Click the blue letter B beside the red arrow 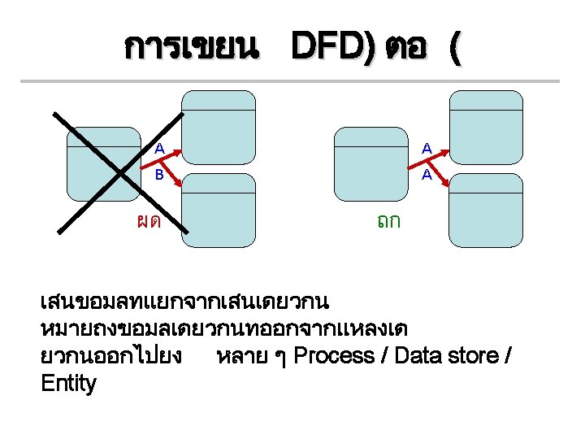pos(160,174)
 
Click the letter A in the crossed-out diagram pos(160,149)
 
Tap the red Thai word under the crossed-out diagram pos(148,220)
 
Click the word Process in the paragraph pos(334,356)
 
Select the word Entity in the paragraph pos(68,384)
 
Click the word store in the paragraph pos(474,356)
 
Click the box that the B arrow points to pos(218,209)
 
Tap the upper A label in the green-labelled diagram pos(427,149)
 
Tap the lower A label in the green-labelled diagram pos(427,174)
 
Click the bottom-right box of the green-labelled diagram pos(486,209)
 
